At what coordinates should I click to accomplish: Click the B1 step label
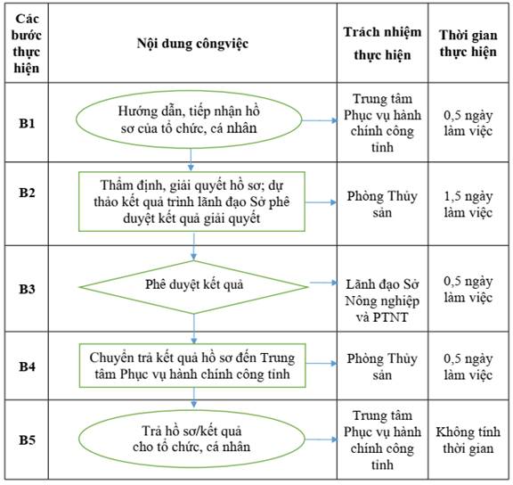click(x=27, y=123)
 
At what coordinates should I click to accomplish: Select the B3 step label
click(x=27, y=289)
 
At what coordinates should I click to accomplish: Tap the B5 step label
click(x=27, y=440)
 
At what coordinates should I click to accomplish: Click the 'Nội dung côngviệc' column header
click(x=192, y=43)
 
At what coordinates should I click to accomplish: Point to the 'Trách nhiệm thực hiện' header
click(x=382, y=43)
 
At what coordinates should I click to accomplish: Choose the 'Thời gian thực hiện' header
click(x=468, y=43)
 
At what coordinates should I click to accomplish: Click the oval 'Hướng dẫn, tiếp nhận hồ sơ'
click(x=189, y=119)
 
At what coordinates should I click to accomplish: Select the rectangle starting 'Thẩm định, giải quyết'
click(x=191, y=201)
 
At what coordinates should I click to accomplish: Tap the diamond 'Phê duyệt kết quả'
click(x=193, y=287)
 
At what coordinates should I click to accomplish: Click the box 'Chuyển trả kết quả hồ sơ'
click(x=192, y=366)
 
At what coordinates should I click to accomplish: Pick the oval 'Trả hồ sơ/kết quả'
click(x=191, y=439)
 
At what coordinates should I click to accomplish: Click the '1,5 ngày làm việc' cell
click(x=468, y=204)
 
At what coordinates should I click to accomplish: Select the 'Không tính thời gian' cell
click(x=468, y=440)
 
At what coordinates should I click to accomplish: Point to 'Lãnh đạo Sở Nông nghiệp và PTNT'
click(x=382, y=300)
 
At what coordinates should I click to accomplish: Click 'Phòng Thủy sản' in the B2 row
click(x=382, y=204)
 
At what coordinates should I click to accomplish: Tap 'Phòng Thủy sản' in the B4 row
click(x=382, y=366)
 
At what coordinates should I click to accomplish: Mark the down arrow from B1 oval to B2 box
click(x=191, y=160)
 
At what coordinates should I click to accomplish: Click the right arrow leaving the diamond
click(x=323, y=283)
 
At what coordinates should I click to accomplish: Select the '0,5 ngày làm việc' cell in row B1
click(x=468, y=123)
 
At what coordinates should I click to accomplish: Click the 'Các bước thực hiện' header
click(x=27, y=43)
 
